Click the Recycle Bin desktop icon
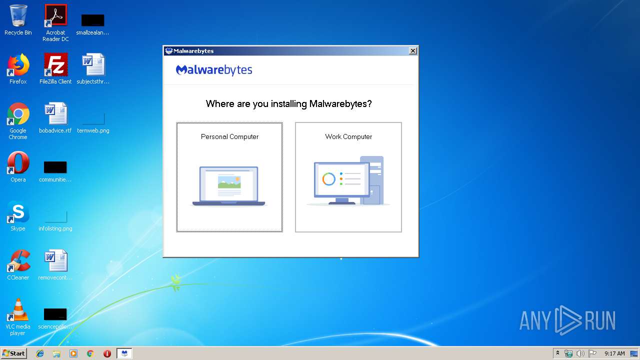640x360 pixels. coord(18,16)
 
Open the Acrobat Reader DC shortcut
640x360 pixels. coord(55,16)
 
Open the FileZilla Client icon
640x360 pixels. coord(55,65)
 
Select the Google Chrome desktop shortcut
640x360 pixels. coord(18,114)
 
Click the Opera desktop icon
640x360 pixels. coord(18,163)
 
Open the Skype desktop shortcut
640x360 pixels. coord(18,212)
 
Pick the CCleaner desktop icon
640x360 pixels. coord(18,261)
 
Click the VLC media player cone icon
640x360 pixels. coord(18,310)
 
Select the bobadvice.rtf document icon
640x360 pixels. coord(55,114)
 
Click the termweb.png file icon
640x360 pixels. coord(93,118)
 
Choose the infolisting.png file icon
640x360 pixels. coord(55,216)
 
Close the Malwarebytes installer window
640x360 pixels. coord(412,51)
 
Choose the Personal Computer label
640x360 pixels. coord(229,136)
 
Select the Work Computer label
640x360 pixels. coord(348,136)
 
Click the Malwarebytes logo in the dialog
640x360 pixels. coord(214,70)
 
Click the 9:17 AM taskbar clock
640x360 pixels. coord(614,353)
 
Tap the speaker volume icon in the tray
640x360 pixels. coord(580,353)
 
